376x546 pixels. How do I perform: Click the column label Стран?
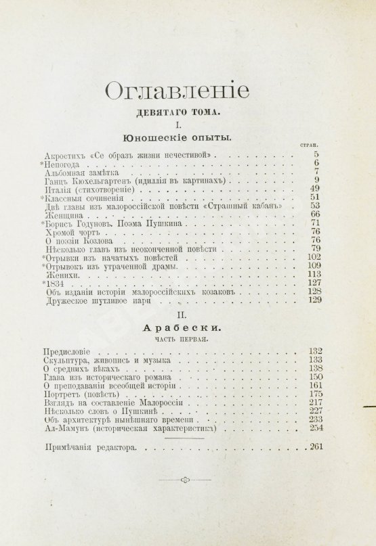point(309,145)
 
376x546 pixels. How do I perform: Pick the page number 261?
point(308,447)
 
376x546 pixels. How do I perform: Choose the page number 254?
point(308,428)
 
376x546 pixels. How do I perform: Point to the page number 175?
point(308,394)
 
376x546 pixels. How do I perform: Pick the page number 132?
point(308,352)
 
